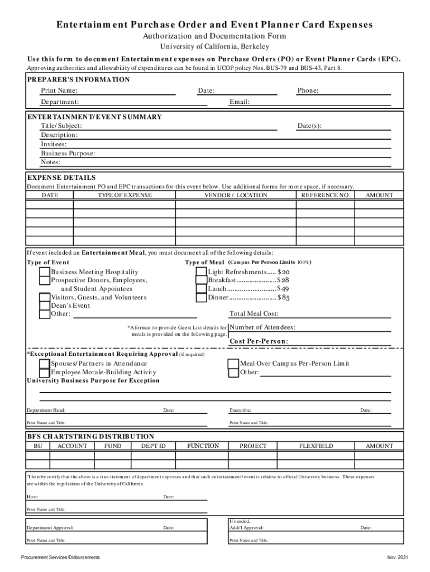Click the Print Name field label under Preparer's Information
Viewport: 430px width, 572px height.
coord(59,91)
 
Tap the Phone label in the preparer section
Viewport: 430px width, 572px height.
coord(308,91)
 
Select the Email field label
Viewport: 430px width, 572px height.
coord(240,102)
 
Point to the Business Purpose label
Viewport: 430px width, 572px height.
coord(68,154)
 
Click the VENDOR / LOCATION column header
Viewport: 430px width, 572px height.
coord(236,196)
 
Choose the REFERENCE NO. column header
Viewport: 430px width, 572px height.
coord(326,196)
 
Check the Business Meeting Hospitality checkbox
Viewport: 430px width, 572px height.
coord(44,271)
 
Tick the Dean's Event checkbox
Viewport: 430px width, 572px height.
coord(44,305)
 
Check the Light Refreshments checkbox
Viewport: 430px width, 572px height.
coord(201,271)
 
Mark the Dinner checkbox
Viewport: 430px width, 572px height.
coord(201,298)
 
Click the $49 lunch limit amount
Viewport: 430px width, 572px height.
coord(284,289)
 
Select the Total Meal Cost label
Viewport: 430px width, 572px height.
coord(254,314)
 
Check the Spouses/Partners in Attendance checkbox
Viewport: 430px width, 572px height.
coord(44,364)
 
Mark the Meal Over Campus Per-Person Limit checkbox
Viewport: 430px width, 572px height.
coord(233,364)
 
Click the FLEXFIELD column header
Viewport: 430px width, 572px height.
coord(316,446)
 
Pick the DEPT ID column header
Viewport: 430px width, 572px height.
coord(153,446)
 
